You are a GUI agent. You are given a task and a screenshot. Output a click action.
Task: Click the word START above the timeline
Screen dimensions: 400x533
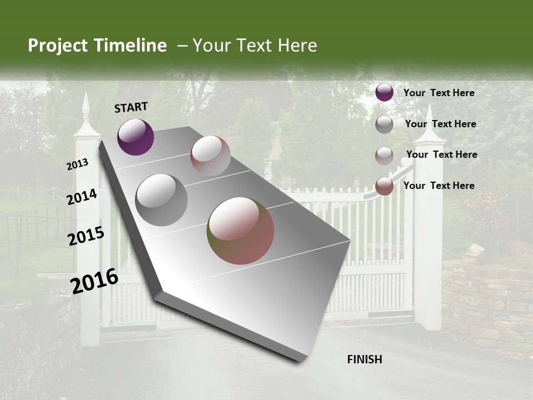tap(131, 107)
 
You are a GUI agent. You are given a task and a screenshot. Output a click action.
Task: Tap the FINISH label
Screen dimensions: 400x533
tap(364, 359)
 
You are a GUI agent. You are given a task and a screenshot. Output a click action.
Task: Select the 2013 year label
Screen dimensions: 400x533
tap(78, 164)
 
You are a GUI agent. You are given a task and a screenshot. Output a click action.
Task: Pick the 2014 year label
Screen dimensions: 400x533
tap(82, 197)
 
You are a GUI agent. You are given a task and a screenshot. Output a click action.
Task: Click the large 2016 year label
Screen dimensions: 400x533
tap(94, 281)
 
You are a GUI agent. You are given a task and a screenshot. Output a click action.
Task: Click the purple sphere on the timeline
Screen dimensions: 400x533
tap(135, 137)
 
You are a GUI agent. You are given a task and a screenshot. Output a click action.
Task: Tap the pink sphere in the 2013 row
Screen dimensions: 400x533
tap(210, 156)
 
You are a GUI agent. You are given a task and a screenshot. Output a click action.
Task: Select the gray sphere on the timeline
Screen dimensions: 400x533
tap(161, 200)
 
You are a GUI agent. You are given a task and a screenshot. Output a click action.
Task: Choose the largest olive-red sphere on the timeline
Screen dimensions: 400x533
tap(240, 231)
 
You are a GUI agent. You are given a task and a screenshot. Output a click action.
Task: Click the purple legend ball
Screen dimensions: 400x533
tap(384, 92)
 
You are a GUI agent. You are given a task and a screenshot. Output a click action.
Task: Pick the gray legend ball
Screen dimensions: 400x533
tap(384, 124)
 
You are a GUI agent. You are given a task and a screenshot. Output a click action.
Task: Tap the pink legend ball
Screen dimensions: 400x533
tap(384, 156)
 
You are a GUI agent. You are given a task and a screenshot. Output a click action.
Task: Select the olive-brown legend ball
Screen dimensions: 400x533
tap(384, 186)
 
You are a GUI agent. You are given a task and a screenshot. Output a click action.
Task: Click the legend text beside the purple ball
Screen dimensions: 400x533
tap(439, 93)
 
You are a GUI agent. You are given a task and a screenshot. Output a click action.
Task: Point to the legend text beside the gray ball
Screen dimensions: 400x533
tap(440, 124)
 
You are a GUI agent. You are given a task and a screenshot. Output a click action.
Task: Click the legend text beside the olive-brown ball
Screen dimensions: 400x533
tap(439, 186)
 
